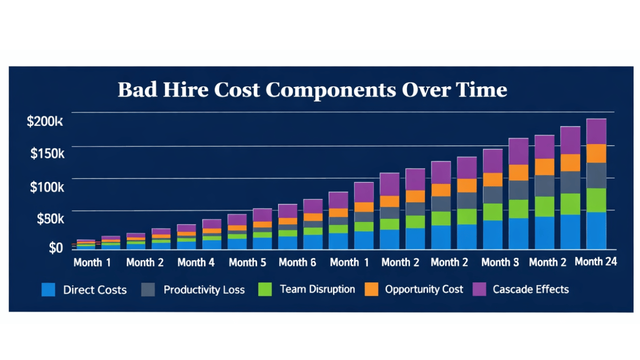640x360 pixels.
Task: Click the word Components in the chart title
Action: (330, 90)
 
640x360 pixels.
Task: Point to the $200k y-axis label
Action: (45, 121)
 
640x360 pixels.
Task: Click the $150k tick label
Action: (47, 153)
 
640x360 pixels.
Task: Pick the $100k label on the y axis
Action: (47, 187)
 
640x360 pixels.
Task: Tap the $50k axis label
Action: (50, 218)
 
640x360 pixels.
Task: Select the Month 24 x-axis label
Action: (595, 261)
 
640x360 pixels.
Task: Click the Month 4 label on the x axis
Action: (196, 262)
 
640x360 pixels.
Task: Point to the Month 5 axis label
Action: (247, 262)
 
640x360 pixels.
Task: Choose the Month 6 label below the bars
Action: (297, 262)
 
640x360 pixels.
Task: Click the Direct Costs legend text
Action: (94, 290)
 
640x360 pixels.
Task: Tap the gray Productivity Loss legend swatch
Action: (148, 289)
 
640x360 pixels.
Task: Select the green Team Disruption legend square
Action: (265, 289)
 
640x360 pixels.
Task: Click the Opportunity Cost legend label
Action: (424, 289)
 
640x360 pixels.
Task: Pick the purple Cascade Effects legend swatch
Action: (479, 289)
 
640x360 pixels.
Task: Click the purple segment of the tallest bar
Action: (596, 131)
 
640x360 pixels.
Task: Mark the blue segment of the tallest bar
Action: (596, 230)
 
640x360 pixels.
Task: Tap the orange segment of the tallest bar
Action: (596, 153)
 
